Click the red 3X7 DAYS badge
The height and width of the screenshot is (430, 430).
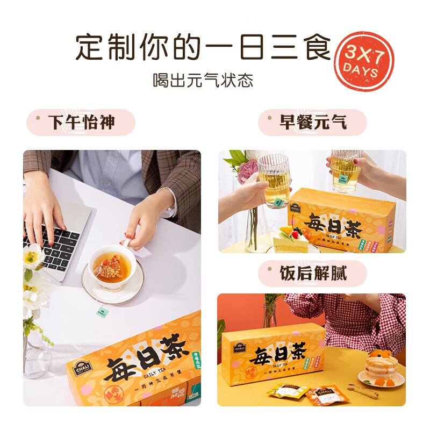365,61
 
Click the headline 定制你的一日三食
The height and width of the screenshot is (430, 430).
203,48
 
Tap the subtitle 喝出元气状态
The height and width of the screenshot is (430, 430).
203,81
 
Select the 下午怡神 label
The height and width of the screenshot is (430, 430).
82,123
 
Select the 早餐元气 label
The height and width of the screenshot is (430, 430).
313,123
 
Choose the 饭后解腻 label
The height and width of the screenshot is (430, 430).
313,274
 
